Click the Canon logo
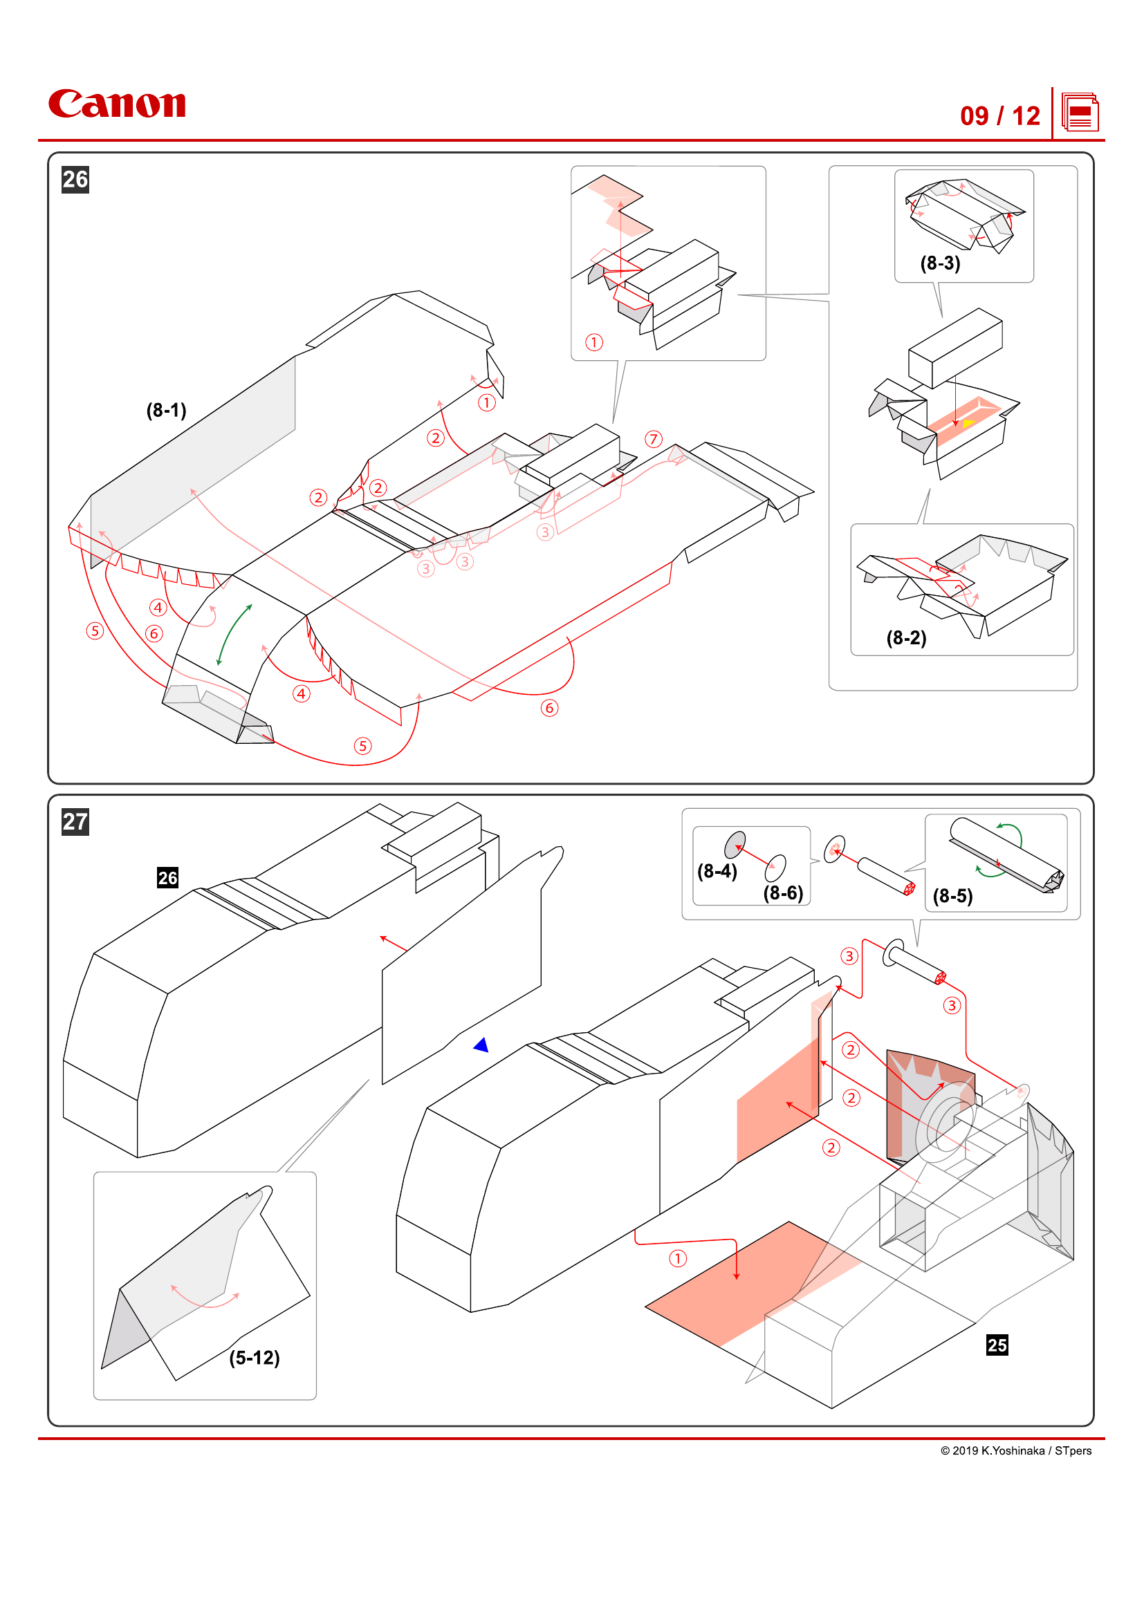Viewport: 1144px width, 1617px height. [117, 104]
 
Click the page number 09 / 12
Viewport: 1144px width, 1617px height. [999, 116]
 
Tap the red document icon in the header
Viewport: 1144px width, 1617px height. [1080, 113]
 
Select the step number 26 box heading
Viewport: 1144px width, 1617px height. [75, 180]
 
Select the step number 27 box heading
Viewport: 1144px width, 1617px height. [75, 822]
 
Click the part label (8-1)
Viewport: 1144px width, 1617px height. [166, 410]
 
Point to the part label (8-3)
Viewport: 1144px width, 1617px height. [941, 263]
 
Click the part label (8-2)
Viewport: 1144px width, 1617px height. [906, 638]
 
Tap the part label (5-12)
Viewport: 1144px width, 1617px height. [255, 1358]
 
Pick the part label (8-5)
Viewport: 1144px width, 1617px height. [952, 896]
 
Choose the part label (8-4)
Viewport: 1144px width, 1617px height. [717, 871]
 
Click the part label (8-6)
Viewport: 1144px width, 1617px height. [784, 893]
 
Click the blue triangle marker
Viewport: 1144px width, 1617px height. [482, 1045]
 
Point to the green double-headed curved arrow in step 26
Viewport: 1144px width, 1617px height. [234, 634]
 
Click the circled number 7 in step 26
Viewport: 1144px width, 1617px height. [654, 440]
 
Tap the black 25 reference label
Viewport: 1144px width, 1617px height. [997, 1345]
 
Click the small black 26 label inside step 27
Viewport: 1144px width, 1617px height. [167, 877]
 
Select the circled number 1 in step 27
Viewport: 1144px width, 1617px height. [678, 1258]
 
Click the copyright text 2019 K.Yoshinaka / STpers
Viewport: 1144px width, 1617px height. [1016, 1451]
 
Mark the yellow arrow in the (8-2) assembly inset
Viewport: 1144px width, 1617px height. [968, 423]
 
